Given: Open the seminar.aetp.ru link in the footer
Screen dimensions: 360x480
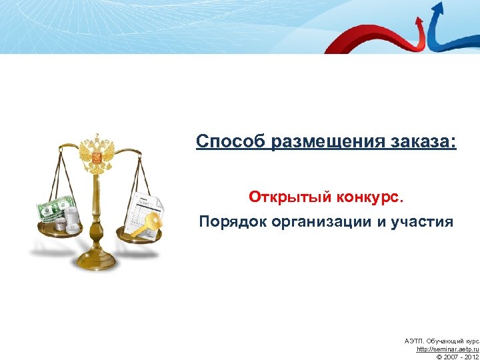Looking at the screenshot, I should pyautogui.click(x=447, y=349).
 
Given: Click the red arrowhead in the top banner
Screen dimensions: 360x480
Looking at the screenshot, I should pyautogui.click(x=419, y=21).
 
